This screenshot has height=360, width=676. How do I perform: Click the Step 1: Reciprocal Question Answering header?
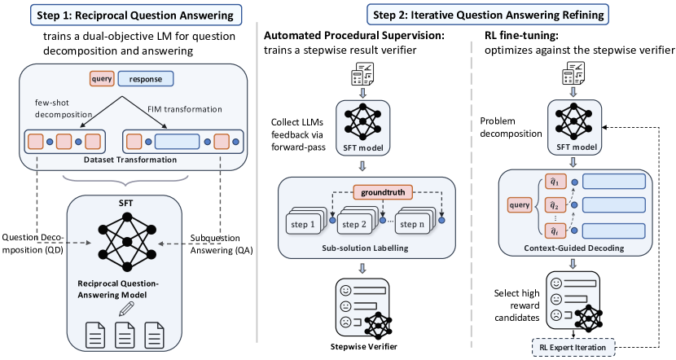coord(127,15)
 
